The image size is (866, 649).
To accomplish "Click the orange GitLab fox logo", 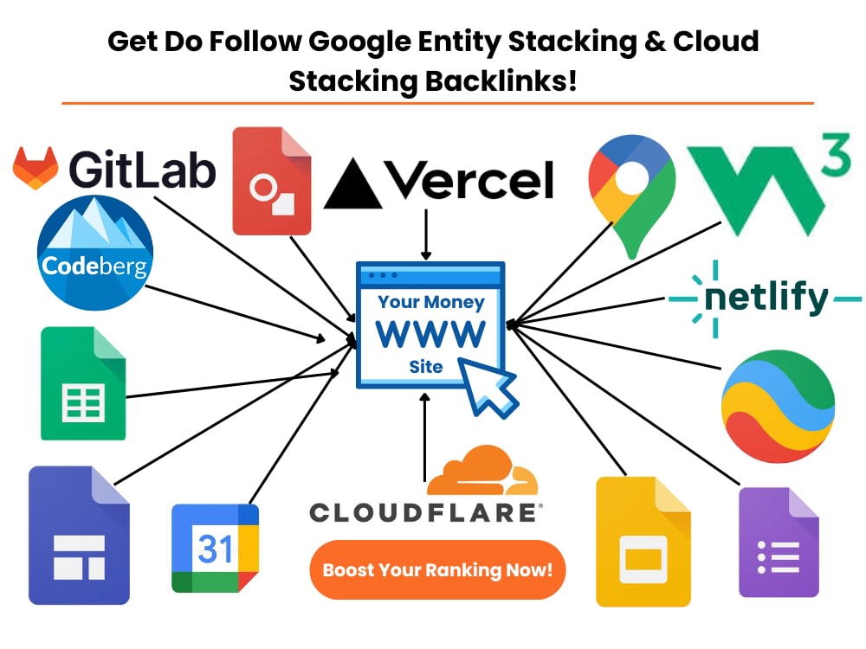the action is tap(36, 168).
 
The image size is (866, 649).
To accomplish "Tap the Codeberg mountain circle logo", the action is tap(95, 253).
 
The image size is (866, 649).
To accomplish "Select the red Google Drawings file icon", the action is tap(272, 181).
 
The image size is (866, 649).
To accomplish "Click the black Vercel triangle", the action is tap(352, 183).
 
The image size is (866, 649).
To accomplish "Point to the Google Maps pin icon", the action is tap(632, 190).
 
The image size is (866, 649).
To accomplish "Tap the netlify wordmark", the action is tap(766, 298).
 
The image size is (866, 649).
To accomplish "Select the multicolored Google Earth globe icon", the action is tap(779, 406).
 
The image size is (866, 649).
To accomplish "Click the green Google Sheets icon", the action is tap(83, 383).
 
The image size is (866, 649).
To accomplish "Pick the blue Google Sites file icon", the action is tap(79, 536).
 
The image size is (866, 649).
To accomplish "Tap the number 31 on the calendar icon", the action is tap(215, 549).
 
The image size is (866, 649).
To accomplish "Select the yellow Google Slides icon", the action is tap(643, 542).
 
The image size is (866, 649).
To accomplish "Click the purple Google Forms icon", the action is tap(779, 542).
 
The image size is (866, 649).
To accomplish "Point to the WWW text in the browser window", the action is tap(430, 333).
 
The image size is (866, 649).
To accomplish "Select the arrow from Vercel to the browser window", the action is tap(426, 235).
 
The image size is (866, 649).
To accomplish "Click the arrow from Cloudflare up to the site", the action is tap(424, 437).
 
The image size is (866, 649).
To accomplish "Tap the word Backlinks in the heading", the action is tap(501, 81).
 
